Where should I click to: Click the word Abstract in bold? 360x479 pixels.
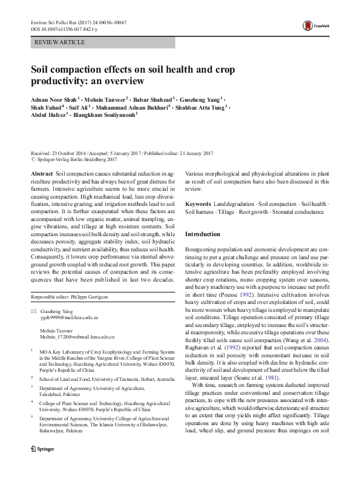point(41,173)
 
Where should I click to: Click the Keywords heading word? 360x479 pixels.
point(198,204)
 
